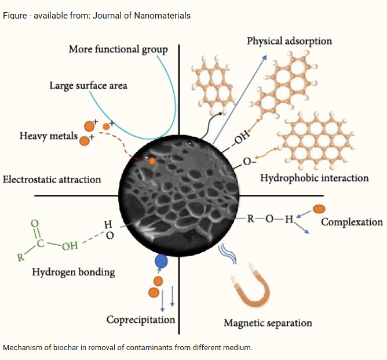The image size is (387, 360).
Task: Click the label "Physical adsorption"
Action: (x=289, y=41)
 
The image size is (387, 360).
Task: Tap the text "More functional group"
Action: (x=118, y=49)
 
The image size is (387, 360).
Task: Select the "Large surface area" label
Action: (x=88, y=85)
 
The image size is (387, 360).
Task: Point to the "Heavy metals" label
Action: (x=48, y=136)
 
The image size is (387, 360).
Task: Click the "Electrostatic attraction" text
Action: (x=52, y=179)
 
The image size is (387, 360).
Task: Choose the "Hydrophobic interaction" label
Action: (x=314, y=177)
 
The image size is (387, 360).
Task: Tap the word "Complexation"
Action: (x=352, y=221)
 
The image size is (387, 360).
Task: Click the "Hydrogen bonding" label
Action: (x=74, y=271)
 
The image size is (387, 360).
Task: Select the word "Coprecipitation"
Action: (x=141, y=319)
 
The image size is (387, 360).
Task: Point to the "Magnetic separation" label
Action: (x=268, y=323)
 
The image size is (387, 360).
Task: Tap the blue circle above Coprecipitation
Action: (x=162, y=261)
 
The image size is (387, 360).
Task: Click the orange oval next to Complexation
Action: (x=319, y=208)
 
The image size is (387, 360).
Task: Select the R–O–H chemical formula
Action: (x=270, y=219)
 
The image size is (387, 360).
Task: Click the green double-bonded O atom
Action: (x=34, y=222)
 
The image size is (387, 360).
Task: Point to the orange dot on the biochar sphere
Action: (x=152, y=161)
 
